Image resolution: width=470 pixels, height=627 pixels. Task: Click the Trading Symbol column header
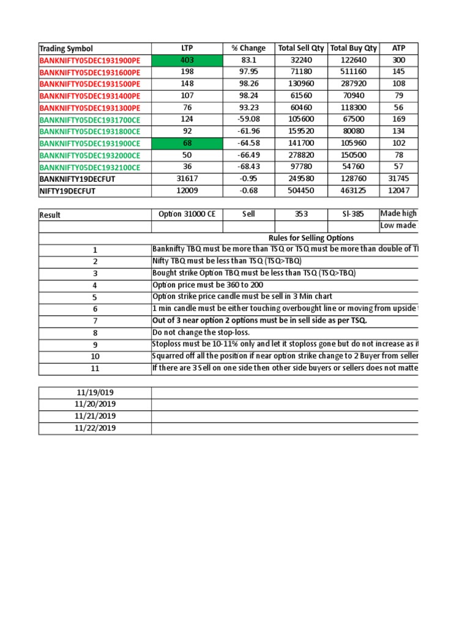66,48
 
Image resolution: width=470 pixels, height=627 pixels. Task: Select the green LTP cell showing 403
187,60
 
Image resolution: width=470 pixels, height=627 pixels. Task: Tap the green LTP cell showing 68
187,144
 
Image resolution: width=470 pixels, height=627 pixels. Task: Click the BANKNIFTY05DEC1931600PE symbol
90,72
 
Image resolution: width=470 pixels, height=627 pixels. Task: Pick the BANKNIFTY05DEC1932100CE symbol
90,167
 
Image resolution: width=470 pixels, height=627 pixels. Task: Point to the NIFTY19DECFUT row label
68,191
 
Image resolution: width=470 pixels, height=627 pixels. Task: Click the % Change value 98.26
248,84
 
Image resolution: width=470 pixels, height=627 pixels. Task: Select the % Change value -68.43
248,167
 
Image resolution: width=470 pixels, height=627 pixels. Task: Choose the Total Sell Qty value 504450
300,191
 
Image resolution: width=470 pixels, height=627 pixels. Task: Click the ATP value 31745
398,179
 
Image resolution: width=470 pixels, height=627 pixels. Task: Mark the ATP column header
398,48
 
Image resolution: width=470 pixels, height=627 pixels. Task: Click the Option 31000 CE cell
187,214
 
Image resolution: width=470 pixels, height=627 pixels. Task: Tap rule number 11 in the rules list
95,369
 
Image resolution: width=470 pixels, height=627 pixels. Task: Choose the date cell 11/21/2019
95,416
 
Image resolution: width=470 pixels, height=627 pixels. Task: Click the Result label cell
50,215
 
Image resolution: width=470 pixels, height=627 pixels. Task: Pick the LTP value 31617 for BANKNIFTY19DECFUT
187,179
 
